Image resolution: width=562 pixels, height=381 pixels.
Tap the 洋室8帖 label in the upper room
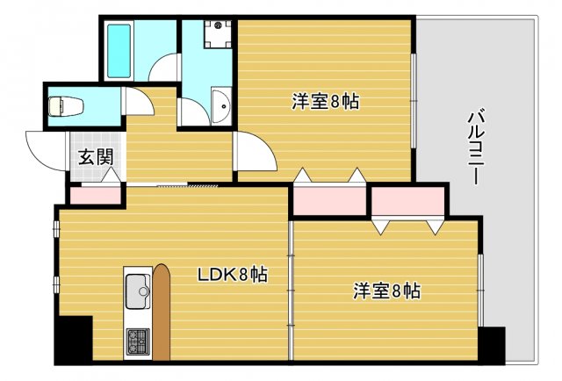pos(325,101)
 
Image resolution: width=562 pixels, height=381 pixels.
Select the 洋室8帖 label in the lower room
pos(386,290)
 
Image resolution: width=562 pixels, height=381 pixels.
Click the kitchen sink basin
pos(138,291)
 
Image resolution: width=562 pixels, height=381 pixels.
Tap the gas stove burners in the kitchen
pos(138,341)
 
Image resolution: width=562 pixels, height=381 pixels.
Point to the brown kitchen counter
pos(161,312)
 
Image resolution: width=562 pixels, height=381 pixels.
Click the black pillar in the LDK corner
pos(74,339)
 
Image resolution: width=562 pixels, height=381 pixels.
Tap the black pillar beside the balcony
pos(491,344)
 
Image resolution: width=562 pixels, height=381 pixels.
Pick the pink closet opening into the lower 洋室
pos(408,202)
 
